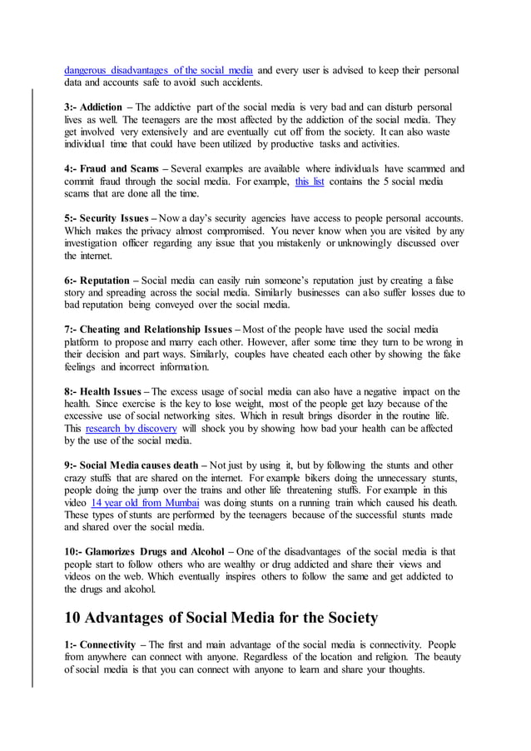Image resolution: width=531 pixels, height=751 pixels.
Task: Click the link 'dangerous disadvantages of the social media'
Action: click(x=159, y=70)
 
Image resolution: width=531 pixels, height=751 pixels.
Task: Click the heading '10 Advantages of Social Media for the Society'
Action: click(x=221, y=618)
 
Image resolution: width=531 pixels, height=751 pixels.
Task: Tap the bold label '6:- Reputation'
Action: click(x=97, y=280)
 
